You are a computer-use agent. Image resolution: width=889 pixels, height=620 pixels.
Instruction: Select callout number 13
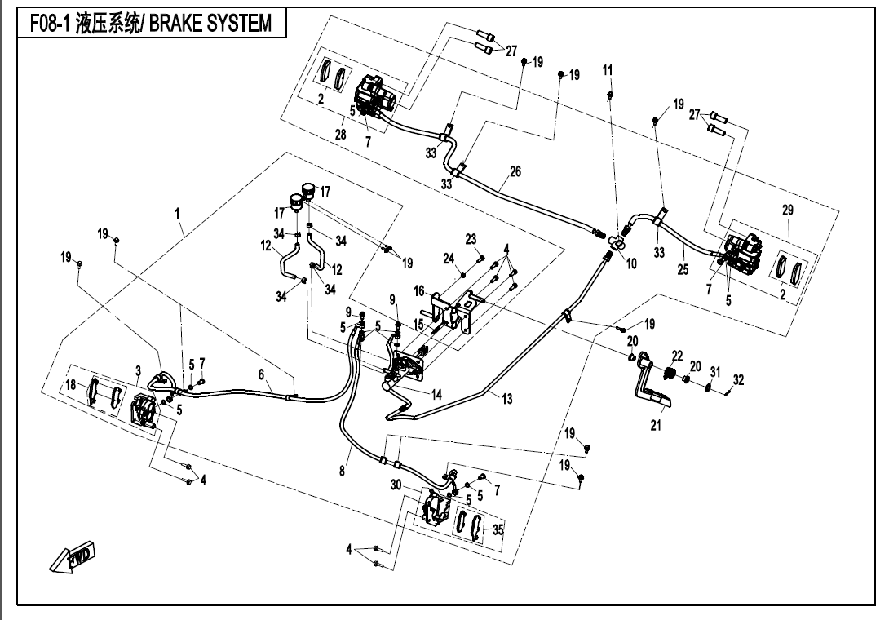[x=507, y=398]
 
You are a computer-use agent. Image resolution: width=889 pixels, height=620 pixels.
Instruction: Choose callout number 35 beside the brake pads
[x=498, y=529]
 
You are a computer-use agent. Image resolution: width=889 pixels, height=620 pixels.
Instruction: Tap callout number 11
[x=608, y=71]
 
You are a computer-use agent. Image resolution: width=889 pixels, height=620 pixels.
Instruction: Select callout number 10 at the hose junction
[x=631, y=263]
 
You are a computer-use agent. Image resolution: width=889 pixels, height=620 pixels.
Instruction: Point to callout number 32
[x=739, y=379]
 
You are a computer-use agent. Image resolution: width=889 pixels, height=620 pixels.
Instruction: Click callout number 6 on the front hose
[x=262, y=374]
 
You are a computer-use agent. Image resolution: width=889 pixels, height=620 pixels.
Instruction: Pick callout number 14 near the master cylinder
[x=437, y=394]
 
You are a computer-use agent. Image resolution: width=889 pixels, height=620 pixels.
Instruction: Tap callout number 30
[x=396, y=485]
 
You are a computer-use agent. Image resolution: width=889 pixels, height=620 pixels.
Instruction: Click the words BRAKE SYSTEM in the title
[x=219, y=23]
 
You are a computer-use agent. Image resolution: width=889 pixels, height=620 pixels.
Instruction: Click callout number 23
[x=471, y=238]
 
